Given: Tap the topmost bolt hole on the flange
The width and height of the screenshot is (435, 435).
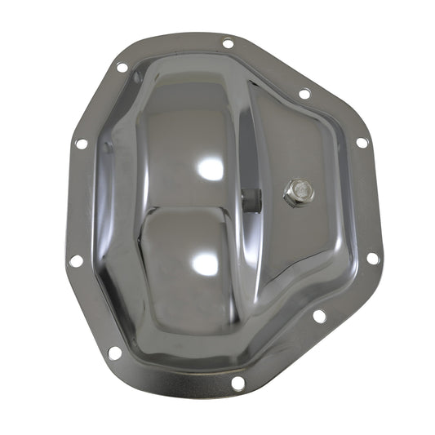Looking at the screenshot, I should (228, 43).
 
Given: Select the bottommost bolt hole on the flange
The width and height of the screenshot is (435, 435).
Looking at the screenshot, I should (237, 382).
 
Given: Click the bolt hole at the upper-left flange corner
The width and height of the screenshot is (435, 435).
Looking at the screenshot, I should (122, 68).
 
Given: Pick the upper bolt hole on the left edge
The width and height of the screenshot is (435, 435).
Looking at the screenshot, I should (82, 144).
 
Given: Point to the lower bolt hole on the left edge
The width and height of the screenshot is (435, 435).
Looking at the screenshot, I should (76, 260).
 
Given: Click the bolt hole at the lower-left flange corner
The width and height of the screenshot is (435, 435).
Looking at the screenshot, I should (114, 353).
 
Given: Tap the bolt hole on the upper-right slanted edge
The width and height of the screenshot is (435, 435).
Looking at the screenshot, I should (304, 94).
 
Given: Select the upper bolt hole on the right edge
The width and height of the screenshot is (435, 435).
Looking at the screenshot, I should (362, 142).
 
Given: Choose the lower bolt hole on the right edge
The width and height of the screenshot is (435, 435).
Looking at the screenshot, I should (372, 258).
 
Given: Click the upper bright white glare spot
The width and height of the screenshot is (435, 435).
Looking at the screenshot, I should (211, 169).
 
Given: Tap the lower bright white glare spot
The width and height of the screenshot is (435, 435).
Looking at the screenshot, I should (206, 263).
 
